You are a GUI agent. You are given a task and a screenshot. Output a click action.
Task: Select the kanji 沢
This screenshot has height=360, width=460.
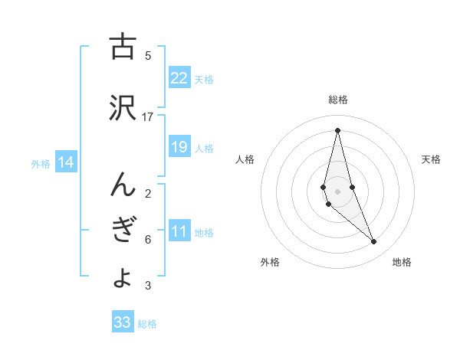click(x=122, y=107)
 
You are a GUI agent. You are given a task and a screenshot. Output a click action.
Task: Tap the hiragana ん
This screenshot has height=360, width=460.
click(x=122, y=184)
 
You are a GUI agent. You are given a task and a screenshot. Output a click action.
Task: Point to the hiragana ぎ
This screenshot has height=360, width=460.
click(x=122, y=231)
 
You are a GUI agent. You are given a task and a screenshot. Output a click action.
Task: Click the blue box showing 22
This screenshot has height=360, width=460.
click(x=179, y=78)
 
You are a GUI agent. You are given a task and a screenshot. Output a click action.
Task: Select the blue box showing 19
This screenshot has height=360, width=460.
click(x=179, y=147)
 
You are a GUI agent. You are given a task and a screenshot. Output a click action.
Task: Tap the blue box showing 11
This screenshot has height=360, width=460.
click(x=179, y=231)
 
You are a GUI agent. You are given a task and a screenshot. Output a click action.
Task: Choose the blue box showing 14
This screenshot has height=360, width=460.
click(x=66, y=162)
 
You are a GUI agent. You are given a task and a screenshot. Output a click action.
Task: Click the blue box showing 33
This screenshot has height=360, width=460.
click(x=123, y=322)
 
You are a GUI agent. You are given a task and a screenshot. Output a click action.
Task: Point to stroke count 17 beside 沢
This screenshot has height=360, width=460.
click(x=148, y=116)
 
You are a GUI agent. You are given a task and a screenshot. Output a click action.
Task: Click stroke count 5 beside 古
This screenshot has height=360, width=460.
click(x=148, y=55)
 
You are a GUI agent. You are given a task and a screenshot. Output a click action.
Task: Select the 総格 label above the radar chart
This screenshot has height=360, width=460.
click(x=338, y=100)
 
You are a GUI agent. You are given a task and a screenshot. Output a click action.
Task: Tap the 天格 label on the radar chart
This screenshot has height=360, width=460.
click(x=431, y=159)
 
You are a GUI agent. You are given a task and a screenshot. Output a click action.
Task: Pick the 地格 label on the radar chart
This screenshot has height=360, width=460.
click(x=402, y=262)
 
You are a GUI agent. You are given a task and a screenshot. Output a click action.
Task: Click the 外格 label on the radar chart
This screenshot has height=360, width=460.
click(x=270, y=262)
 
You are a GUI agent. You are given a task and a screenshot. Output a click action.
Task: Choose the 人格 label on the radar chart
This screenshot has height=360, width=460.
click(x=245, y=159)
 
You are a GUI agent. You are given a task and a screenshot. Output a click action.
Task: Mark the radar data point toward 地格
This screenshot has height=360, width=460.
click(x=374, y=242)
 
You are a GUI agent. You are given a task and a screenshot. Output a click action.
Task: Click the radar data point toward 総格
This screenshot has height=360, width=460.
click(x=337, y=129)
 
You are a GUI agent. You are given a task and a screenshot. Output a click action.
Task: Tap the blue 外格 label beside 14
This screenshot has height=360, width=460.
click(x=40, y=163)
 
